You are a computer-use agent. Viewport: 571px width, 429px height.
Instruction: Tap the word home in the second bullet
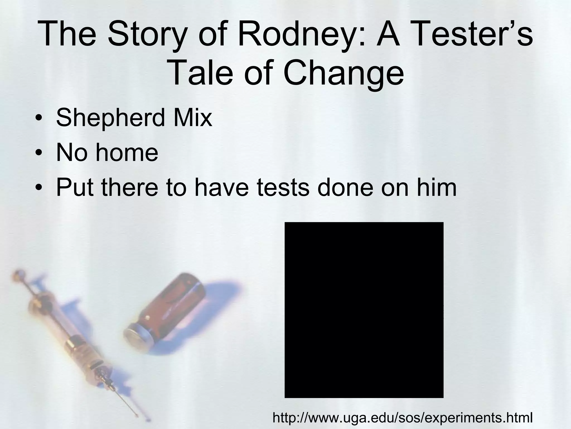(x=127, y=153)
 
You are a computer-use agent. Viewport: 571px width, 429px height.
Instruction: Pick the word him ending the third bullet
(x=437, y=187)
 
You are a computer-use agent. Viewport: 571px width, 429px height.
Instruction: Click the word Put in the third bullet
(x=74, y=187)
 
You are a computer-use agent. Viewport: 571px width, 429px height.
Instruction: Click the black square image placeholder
(x=364, y=310)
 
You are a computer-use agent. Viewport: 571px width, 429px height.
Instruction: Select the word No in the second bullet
(x=71, y=153)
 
